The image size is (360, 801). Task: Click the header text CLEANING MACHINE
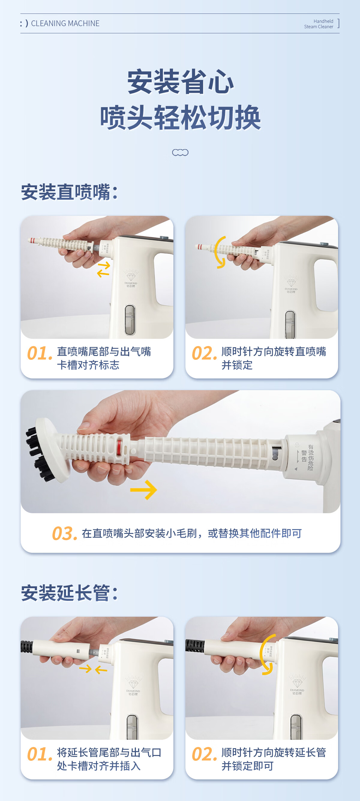coord(65,23)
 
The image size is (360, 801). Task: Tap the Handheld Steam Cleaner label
coord(319,24)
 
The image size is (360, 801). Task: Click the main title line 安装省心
coord(180,82)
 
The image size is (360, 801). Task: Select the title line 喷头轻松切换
coord(180,117)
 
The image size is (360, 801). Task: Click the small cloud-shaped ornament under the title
coord(180,152)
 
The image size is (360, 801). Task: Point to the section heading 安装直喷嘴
coord(69,192)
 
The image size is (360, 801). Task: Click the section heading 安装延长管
coord(69,593)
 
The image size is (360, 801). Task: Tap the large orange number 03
coord(64,534)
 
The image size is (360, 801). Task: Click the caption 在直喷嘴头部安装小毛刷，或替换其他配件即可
coord(192,533)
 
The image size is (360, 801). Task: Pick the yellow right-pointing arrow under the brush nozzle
coord(144,490)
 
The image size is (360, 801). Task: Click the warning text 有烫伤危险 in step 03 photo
coord(310,457)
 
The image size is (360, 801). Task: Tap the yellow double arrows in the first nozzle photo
coord(103,269)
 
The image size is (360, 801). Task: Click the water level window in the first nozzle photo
coord(130,320)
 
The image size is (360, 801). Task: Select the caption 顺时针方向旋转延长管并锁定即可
coord(274,759)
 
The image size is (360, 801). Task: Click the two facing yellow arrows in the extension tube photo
coord(93,669)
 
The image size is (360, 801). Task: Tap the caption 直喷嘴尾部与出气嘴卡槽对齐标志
coord(104,358)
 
